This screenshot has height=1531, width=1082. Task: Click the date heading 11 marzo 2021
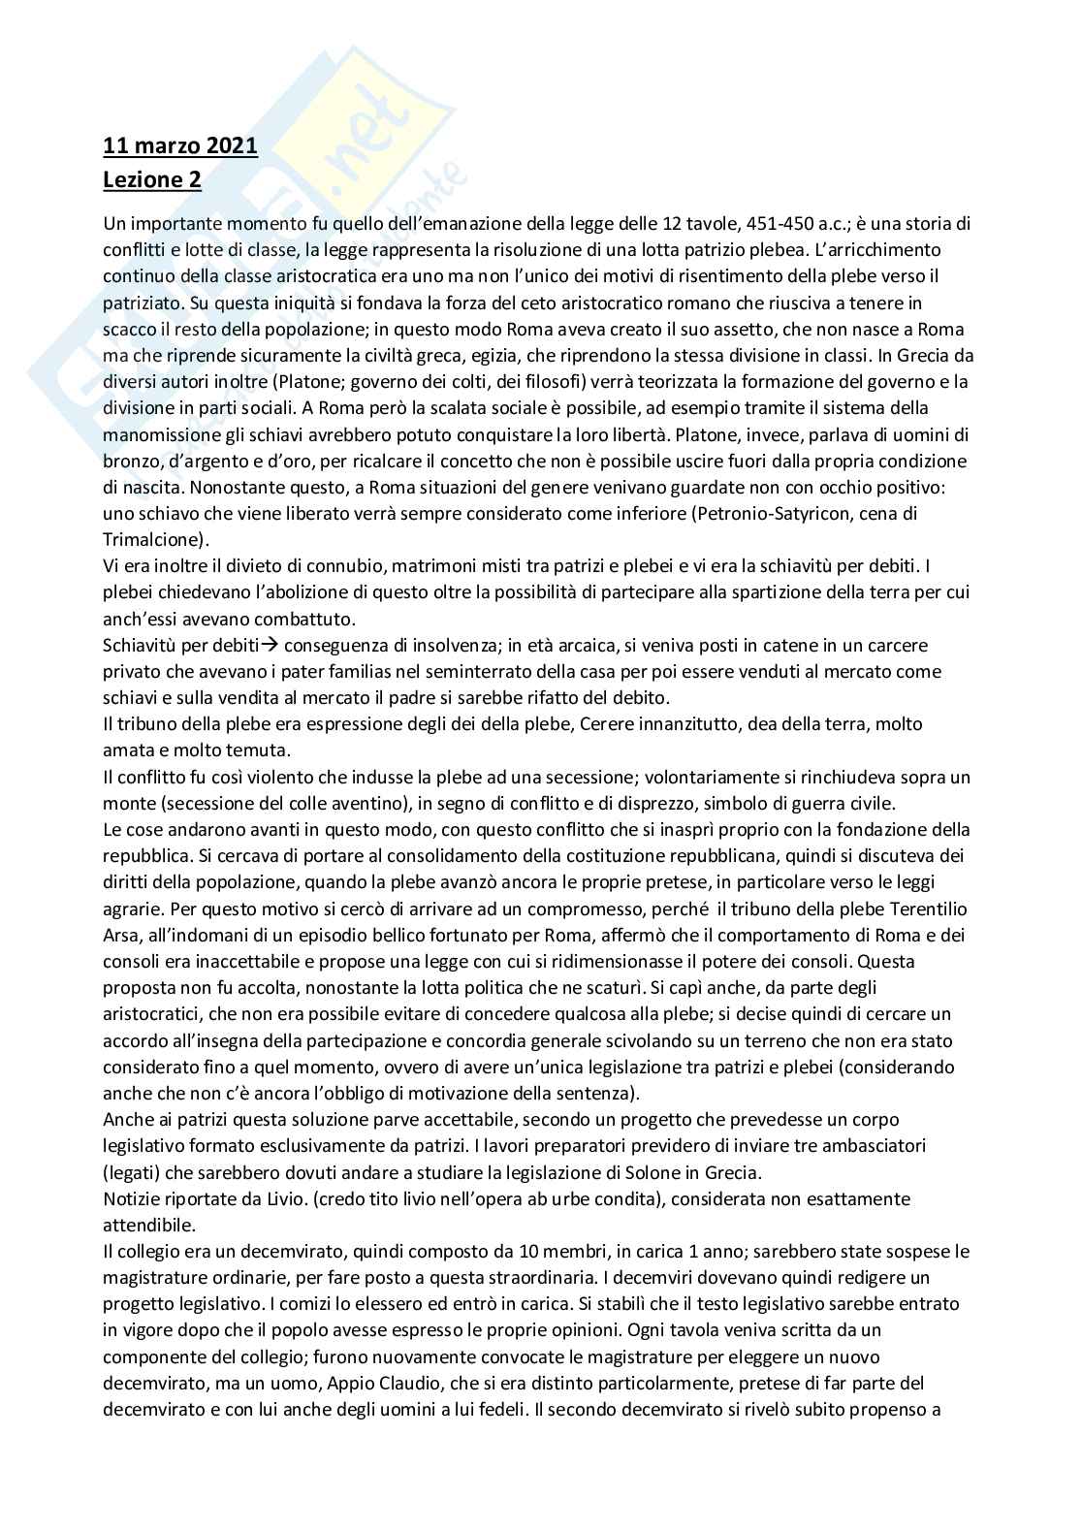pos(180,146)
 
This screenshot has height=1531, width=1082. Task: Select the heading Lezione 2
pos(152,179)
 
